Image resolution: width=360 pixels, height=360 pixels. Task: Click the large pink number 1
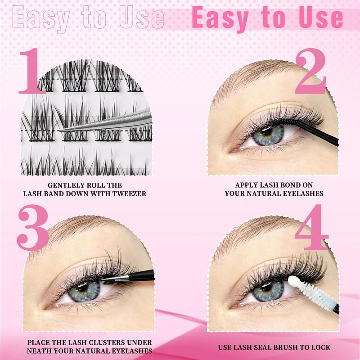click(x=32, y=71)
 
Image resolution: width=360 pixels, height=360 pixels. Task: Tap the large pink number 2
click(x=310, y=71)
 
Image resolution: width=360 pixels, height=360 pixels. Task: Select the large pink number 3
click(x=33, y=227)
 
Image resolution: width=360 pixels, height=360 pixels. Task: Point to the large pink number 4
click(x=311, y=227)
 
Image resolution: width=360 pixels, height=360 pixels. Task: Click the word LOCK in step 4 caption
click(x=320, y=347)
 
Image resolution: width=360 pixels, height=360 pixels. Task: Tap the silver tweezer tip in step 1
click(x=60, y=130)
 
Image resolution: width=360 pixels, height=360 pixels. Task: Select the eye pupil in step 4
click(x=267, y=287)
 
